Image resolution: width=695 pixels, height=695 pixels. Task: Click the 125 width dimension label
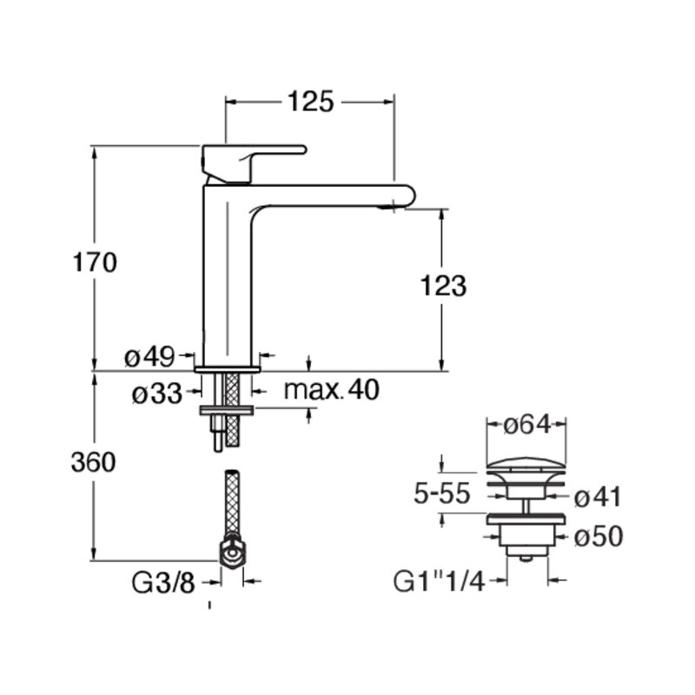click(x=310, y=102)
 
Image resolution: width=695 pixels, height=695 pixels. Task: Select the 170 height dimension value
click(x=95, y=262)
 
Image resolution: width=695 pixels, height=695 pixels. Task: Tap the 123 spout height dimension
click(x=443, y=286)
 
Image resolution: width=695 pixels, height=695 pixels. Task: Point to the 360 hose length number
click(x=93, y=462)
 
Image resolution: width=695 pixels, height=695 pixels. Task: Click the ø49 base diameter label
click(x=149, y=357)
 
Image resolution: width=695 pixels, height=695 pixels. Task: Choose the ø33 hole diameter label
click(x=157, y=394)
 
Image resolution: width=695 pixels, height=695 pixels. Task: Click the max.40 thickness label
click(x=332, y=389)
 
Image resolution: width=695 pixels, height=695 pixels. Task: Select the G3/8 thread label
click(x=163, y=583)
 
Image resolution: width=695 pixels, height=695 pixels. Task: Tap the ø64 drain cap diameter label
click(x=527, y=425)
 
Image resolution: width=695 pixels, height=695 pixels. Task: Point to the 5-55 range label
click(x=441, y=493)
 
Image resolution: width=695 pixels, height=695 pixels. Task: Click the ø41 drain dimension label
click(x=598, y=497)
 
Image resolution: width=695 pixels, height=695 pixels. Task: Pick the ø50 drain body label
click(x=599, y=536)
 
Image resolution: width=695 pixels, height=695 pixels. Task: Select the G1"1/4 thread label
click(x=439, y=582)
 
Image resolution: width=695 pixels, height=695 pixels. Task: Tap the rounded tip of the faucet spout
click(x=406, y=196)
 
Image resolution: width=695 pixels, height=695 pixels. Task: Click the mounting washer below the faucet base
click(x=227, y=411)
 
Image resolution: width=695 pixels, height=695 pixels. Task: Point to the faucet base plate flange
click(x=227, y=369)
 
